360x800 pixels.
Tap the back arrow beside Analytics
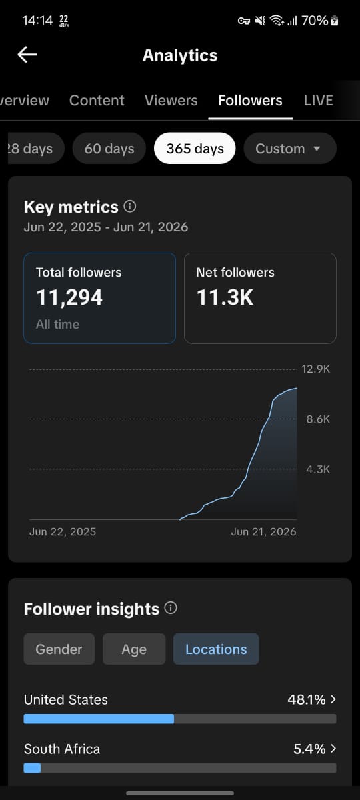27,55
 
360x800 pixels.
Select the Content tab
97,101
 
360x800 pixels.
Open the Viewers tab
171,101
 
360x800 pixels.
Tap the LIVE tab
319,101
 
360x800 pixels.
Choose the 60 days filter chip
109,148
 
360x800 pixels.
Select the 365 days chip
195,148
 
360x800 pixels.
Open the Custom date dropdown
290,148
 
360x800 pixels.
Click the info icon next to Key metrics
129,206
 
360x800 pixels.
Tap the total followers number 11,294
69,297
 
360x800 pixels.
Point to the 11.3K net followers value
225,297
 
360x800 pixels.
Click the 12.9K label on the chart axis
316,369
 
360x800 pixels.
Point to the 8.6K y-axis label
318,419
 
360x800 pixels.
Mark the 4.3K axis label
318,469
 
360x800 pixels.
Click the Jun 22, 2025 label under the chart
63,532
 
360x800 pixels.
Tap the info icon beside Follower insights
171,608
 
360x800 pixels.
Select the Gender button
59,649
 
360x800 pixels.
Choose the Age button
134,649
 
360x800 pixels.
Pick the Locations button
216,649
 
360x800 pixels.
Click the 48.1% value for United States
307,699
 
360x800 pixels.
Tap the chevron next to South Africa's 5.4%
333,748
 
